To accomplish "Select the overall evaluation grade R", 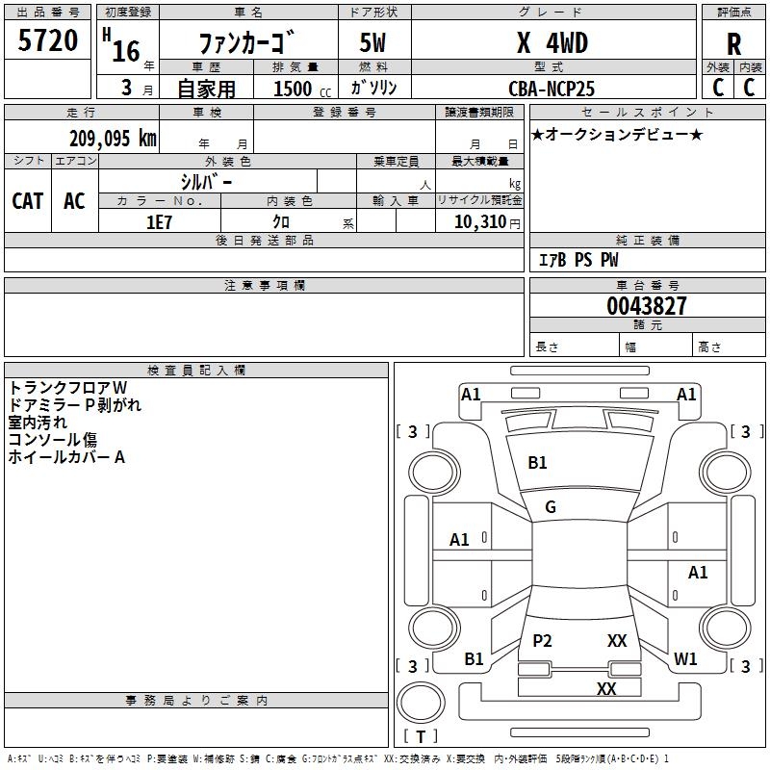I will tap(733, 44).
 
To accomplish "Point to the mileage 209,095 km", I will tap(113, 138).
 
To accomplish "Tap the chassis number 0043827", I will tap(647, 306).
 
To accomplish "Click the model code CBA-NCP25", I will tap(552, 89).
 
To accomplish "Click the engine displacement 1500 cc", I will tap(293, 89).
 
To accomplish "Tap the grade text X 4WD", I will tap(552, 43).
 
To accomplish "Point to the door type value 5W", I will tap(372, 43).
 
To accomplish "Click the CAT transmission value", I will tap(28, 200).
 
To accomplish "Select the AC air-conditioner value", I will tap(74, 200).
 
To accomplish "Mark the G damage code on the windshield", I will tap(551, 507).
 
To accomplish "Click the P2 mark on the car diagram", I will tap(542, 640).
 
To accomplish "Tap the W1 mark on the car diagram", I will tap(685, 659).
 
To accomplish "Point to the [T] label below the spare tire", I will tap(420, 736).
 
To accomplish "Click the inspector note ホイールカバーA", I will tap(66, 457).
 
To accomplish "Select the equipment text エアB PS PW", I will tap(577, 260).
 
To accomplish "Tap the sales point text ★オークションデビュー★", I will tap(616, 134).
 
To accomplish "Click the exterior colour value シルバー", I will tap(206, 181).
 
